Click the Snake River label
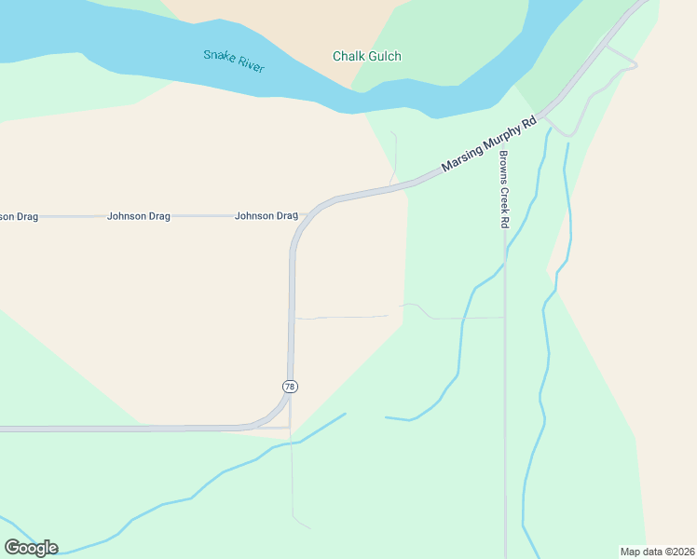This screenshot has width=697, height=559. (x=234, y=61)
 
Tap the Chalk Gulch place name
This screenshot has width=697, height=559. (x=367, y=57)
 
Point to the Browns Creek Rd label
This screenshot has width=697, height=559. (x=503, y=189)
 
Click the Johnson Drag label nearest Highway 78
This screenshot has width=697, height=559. (x=266, y=216)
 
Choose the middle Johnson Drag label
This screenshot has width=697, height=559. (x=139, y=216)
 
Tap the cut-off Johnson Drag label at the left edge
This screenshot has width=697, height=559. (x=19, y=216)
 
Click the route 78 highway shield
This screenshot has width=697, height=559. (x=290, y=386)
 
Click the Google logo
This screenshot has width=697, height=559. (x=32, y=547)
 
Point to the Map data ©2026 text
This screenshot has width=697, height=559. (x=656, y=552)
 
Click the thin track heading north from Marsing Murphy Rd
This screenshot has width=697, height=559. (x=395, y=154)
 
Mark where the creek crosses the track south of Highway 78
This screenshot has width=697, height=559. (x=292, y=443)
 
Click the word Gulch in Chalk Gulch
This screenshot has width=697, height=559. (x=385, y=57)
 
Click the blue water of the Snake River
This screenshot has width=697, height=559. (x=112, y=37)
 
